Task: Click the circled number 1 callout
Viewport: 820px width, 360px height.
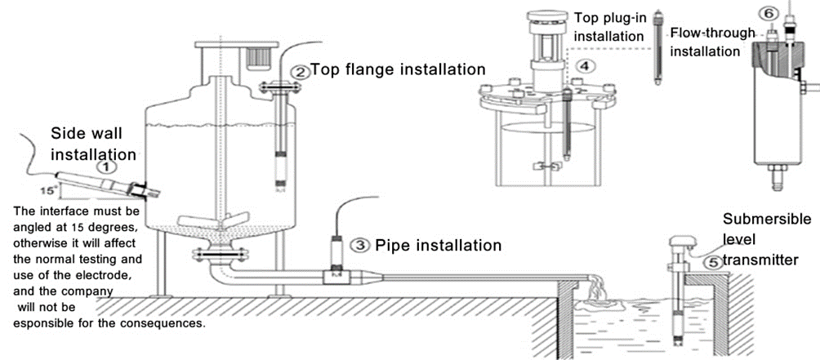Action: point(107,167)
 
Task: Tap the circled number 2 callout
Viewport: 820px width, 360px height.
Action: point(300,71)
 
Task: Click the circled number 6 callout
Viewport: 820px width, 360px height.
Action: point(769,14)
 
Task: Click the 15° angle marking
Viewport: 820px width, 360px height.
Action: point(47,191)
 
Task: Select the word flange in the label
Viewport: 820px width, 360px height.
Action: point(370,69)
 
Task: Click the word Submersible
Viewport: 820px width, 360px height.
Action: point(767,219)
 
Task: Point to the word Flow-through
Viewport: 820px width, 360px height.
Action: point(713,34)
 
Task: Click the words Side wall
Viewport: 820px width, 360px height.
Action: point(87,133)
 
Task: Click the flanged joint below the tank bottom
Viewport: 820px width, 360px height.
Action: point(220,255)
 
